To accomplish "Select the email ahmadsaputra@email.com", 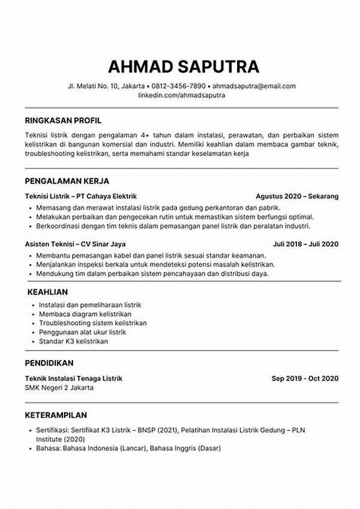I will (x=254, y=86).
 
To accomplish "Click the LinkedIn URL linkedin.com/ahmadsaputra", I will (x=181, y=95).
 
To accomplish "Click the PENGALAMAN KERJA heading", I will (x=67, y=181).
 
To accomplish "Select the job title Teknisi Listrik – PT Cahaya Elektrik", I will (x=81, y=196).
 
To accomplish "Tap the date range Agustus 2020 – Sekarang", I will (x=297, y=196).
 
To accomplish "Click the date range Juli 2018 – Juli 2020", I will (x=306, y=244).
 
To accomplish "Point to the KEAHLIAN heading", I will (x=49, y=292).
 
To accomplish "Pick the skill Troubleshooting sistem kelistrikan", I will (x=92, y=323).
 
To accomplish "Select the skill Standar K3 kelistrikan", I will (x=73, y=341).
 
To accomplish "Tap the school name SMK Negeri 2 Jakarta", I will (x=59, y=387).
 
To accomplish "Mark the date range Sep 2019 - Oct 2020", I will (x=305, y=378).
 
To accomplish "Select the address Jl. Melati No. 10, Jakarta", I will (x=102, y=86).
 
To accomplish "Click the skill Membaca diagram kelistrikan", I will (x=85, y=314).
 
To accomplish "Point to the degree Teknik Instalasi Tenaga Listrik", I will (x=73, y=378).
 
